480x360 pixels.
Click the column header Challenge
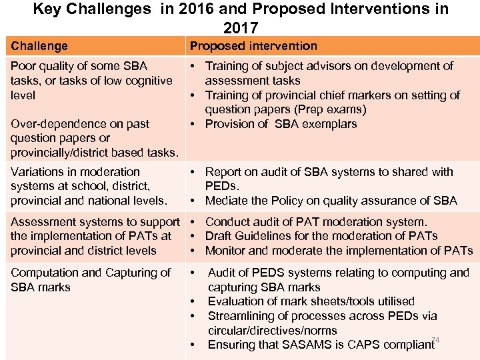click(x=39, y=46)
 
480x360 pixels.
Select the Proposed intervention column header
click(x=253, y=46)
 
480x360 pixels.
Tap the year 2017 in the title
click(x=240, y=28)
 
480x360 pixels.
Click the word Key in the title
click(x=46, y=9)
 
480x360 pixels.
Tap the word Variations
click(x=37, y=172)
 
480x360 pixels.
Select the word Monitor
click(x=226, y=251)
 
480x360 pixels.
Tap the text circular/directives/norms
click(x=272, y=331)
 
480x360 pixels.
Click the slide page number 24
click(x=435, y=340)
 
